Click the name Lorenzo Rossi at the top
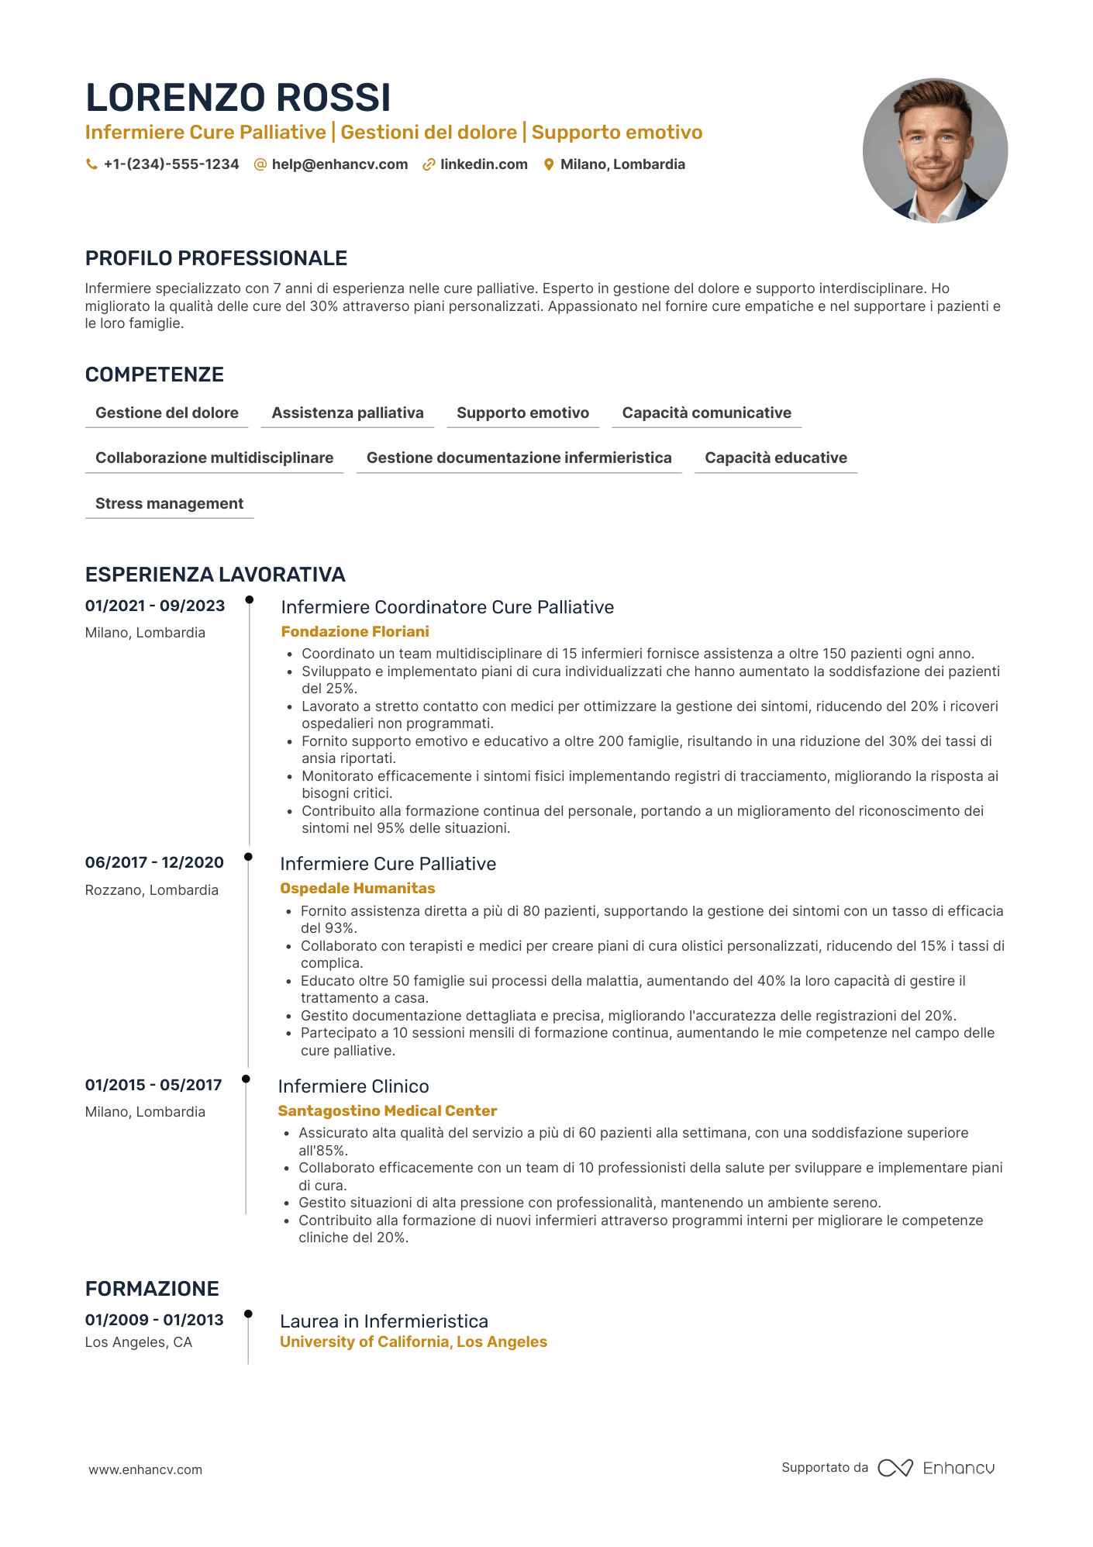(x=238, y=98)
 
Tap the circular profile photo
(x=935, y=150)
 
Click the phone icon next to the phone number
(x=91, y=164)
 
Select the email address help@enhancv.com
(x=340, y=164)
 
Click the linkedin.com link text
(x=484, y=164)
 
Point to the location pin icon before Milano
(x=549, y=164)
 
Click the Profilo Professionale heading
(x=216, y=258)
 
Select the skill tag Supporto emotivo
(x=522, y=413)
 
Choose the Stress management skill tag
(x=169, y=504)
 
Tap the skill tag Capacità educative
(x=775, y=458)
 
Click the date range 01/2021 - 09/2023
(x=155, y=606)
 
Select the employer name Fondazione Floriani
(x=355, y=632)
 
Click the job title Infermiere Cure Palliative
(x=388, y=864)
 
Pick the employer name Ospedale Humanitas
(x=357, y=889)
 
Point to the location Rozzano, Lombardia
(x=152, y=890)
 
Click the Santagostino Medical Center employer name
(x=388, y=1111)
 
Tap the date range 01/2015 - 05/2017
(x=153, y=1086)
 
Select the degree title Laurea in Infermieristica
(x=384, y=1321)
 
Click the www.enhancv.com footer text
(x=146, y=1469)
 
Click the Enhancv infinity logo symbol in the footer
(x=895, y=1468)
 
